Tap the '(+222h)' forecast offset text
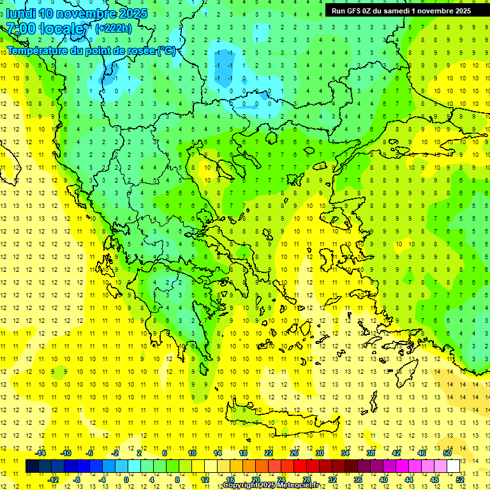coord(113,28)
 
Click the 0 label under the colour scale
coord(126,480)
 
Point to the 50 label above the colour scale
coord(447,453)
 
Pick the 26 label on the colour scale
coord(294,453)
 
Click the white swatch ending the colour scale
coord(454,466)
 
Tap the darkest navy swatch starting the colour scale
coord(32,466)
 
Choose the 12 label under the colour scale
coord(204,480)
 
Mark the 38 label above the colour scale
coord(371,453)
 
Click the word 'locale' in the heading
coord(62,29)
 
